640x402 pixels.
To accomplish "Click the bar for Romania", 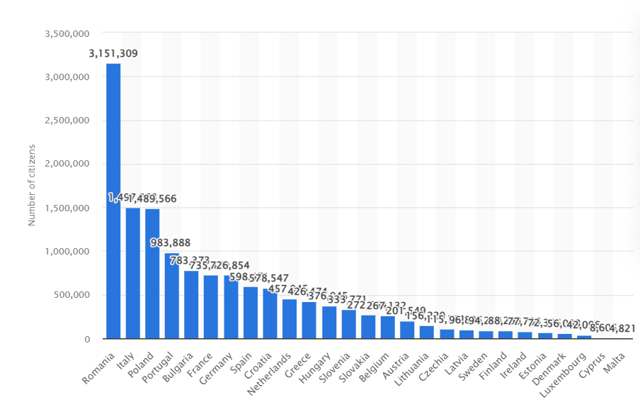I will click(x=113, y=201).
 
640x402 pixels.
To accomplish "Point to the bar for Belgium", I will click(x=388, y=328).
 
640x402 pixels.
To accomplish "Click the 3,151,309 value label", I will click(x=113, y=53).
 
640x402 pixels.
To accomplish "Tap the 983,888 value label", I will click(x=171, y=242).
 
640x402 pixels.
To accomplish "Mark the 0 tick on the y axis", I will click(x=88, y=340).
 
